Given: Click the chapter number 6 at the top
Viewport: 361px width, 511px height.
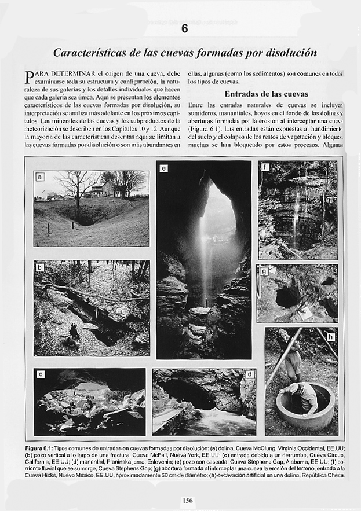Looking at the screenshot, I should [x=184, y=29].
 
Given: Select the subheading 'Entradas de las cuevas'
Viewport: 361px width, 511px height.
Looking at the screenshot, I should [x=266, y=94].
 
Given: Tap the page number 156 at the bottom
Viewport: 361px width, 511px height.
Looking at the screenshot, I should [x=187, y=500].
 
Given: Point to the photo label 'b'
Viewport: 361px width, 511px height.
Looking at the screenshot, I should [x=40, y=267].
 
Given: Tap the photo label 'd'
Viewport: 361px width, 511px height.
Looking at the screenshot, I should [x=249, y=374].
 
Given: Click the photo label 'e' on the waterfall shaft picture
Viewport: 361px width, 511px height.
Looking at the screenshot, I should [x=164, y=168].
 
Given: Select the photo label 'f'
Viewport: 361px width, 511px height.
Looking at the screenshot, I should [x=265, y=168].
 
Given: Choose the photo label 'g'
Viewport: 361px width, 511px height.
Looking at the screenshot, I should [x=264, y=271].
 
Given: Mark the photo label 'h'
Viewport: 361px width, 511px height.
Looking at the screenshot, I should [x=330, y=336].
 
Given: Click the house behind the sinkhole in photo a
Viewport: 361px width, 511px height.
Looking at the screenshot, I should [x=103, y=190].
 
